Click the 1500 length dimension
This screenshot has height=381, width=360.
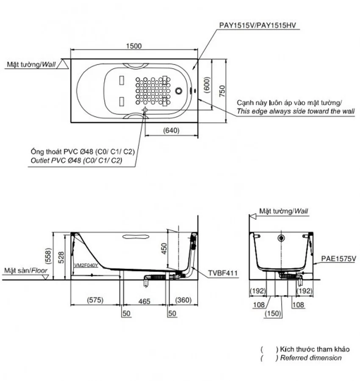pyautogui.click(x=134, y=46)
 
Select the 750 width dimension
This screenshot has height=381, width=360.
pyautogui.click(x=222, y=91)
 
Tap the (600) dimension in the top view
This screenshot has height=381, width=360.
pyautogui.click(x=207, y=85)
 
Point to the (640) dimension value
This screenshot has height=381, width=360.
pyautogui.click(x=172, y=131)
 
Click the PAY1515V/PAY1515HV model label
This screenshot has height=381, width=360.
pyautogui.click(x=258, y=25)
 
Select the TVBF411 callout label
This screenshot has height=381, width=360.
pyautogui.click(x=223, y=273)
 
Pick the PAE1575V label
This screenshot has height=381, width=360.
pyautogui.click(x=339, y=259)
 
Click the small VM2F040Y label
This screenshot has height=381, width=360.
pyautogui.click(x=86, y=265)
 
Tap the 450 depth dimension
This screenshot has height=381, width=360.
pyautogui.click(x=164, y=249)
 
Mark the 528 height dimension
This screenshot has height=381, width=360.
pyautogui.click(x=61, y=258)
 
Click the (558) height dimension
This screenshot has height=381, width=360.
pyautogui.click(x=48, y=256)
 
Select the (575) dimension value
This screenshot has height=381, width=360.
pyautogui.click(x=95, y=300)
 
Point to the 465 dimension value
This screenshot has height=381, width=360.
pyautogui.click(x=144, y=302)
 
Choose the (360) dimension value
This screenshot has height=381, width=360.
pyautogui.click(x=183, y=300)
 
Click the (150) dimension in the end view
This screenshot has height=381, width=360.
pyautogui.click(x=273, y=314)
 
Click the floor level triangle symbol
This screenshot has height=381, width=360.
pyautogui.click(x=45, y=277)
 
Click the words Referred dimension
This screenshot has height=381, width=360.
pyautogui.click(x=311, y=358)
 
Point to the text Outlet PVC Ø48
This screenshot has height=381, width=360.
pyautogui.click(x=56, y=160)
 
